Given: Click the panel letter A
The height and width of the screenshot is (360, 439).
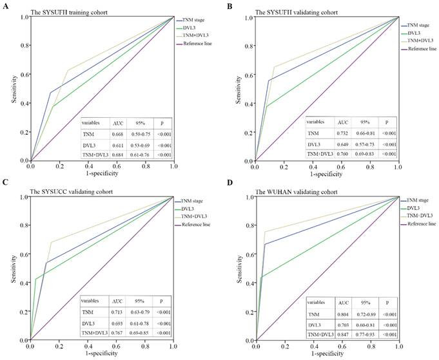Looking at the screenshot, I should coord(4,6).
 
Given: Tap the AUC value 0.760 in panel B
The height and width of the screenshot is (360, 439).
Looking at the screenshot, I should coord(341,155).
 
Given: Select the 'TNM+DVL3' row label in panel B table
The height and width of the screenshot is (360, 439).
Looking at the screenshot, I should coord(320,155).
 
